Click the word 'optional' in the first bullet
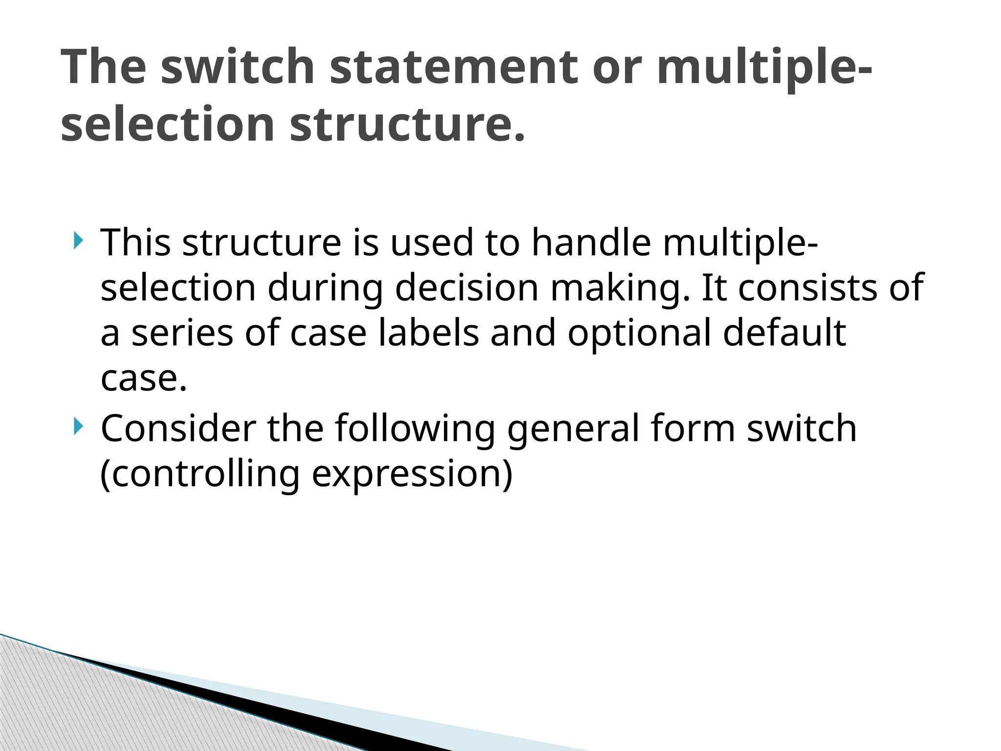(x=639, y=334)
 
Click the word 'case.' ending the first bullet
(x=144, y=379)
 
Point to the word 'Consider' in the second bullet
(x=178, y=428)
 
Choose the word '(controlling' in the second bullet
(x=200, y=474)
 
